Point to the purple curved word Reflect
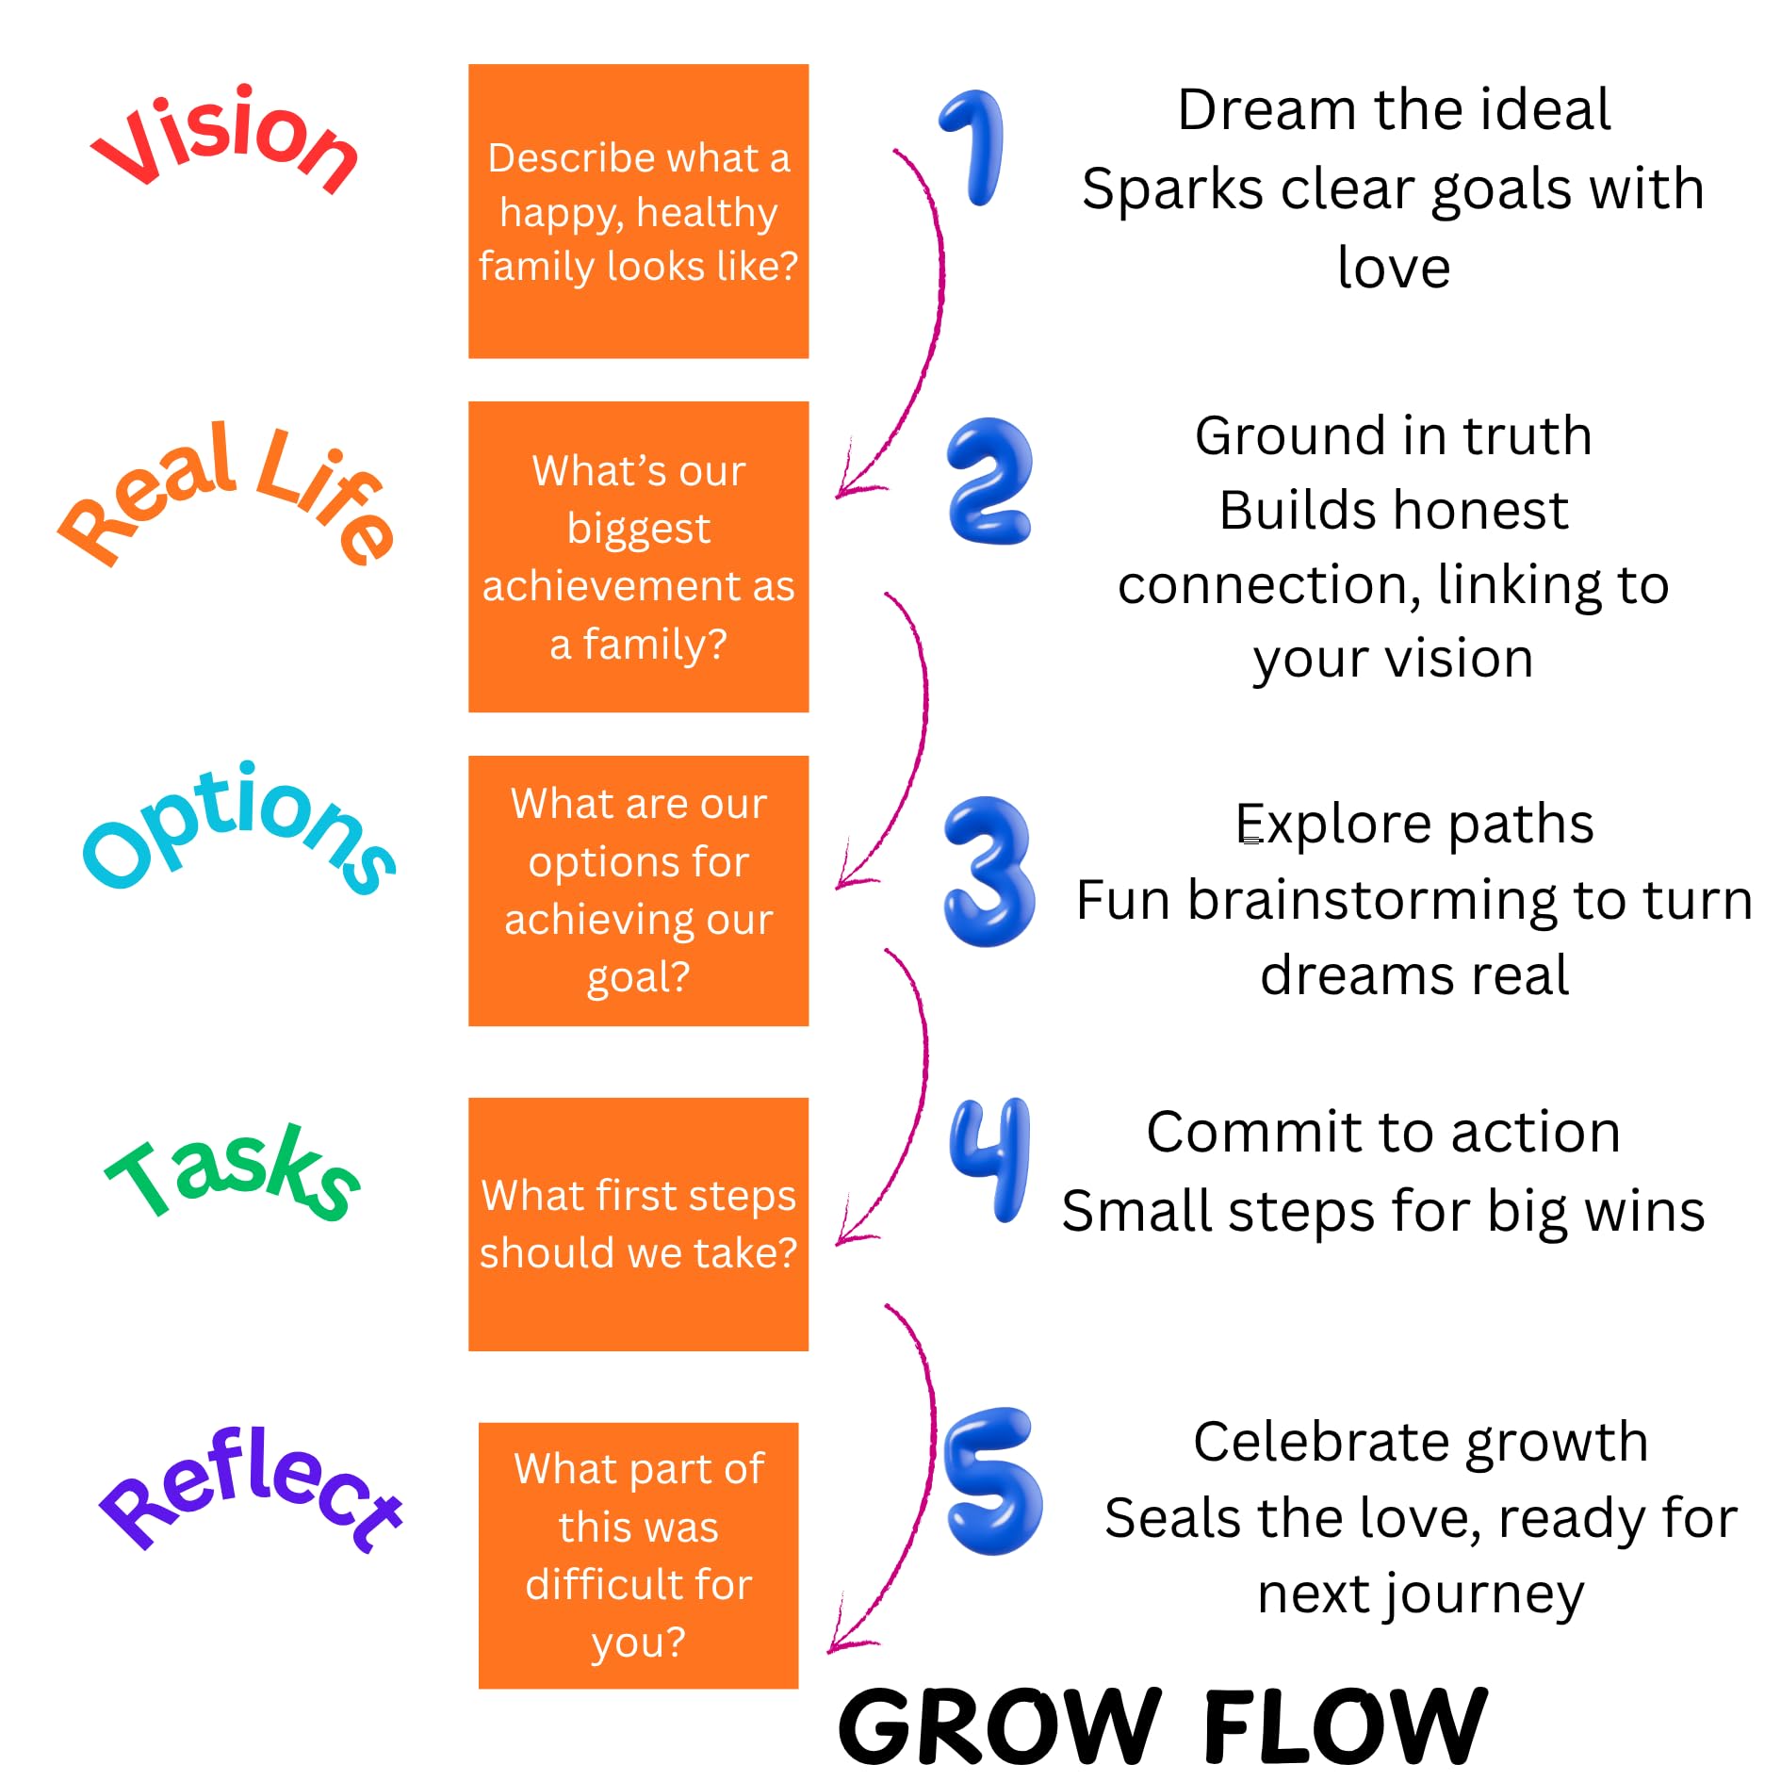[250, 1489]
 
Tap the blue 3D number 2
[989, 482]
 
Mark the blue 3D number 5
[992, 1480]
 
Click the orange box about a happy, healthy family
[638, 211]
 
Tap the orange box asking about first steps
[638, 1223]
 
